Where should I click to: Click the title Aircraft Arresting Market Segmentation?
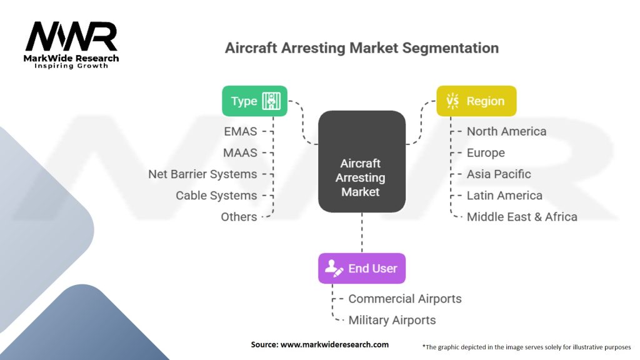tap(362, 48)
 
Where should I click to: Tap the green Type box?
tap(255, 101)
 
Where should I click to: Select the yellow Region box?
tap(476, 101)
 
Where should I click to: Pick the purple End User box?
tap(362, 268)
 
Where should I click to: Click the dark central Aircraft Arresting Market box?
tap(362, 162)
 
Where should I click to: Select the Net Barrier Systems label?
tap(202, 174)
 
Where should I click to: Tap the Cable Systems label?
tap(216, 195)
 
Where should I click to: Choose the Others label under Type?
tap(239, 216)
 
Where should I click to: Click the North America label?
tap(506, 131)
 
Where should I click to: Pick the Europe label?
tap(486, 152)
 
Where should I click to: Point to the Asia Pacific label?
tap(499, 174)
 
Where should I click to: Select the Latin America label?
tap(504, 195)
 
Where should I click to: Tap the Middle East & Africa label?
tap(522, 216)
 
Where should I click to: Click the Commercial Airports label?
tap(405, 298)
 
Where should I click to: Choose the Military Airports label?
tap(392, 319)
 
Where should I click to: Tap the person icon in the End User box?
tap(333, 269)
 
